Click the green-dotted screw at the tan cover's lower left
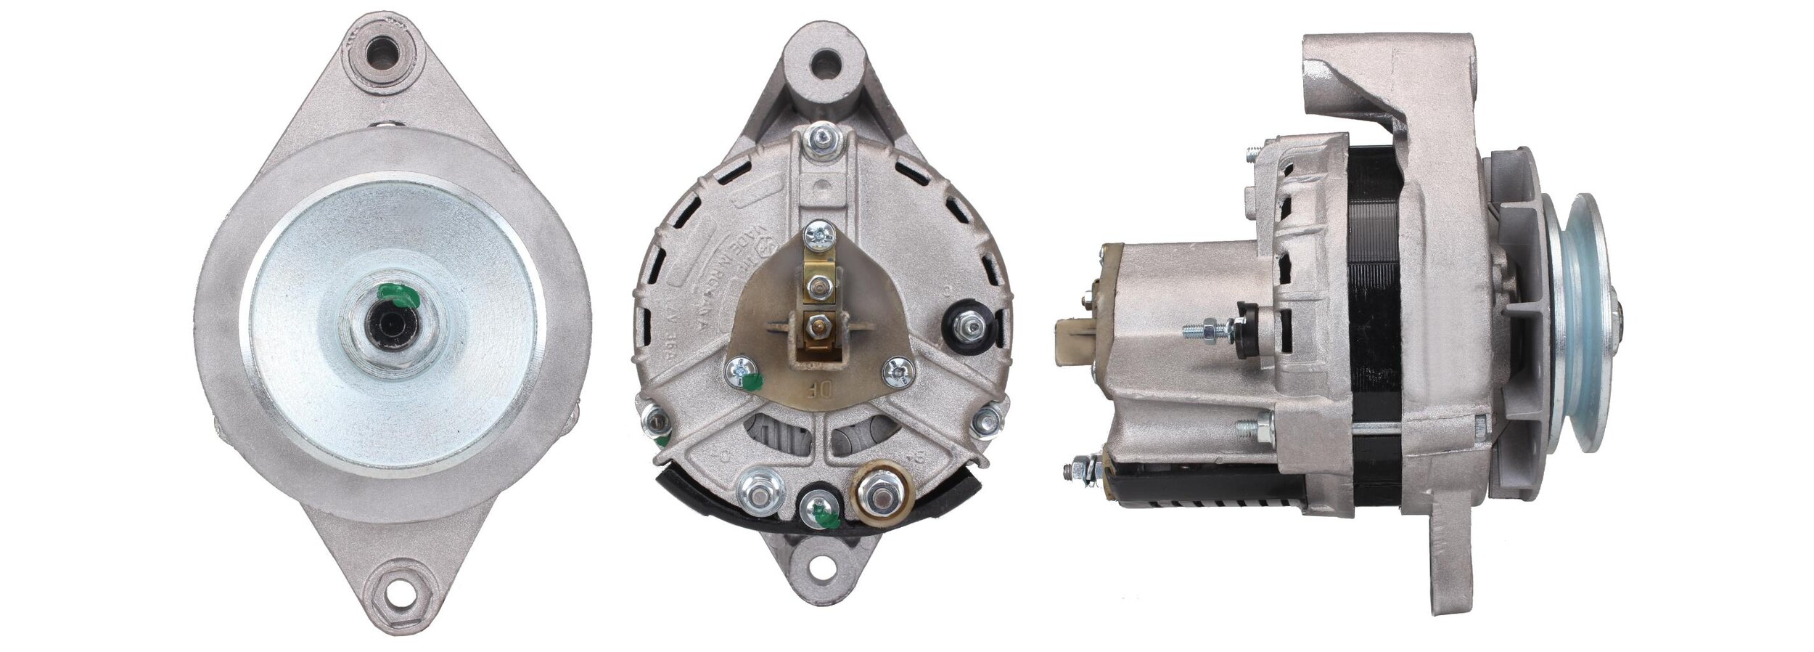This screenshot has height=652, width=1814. (742, 372)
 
